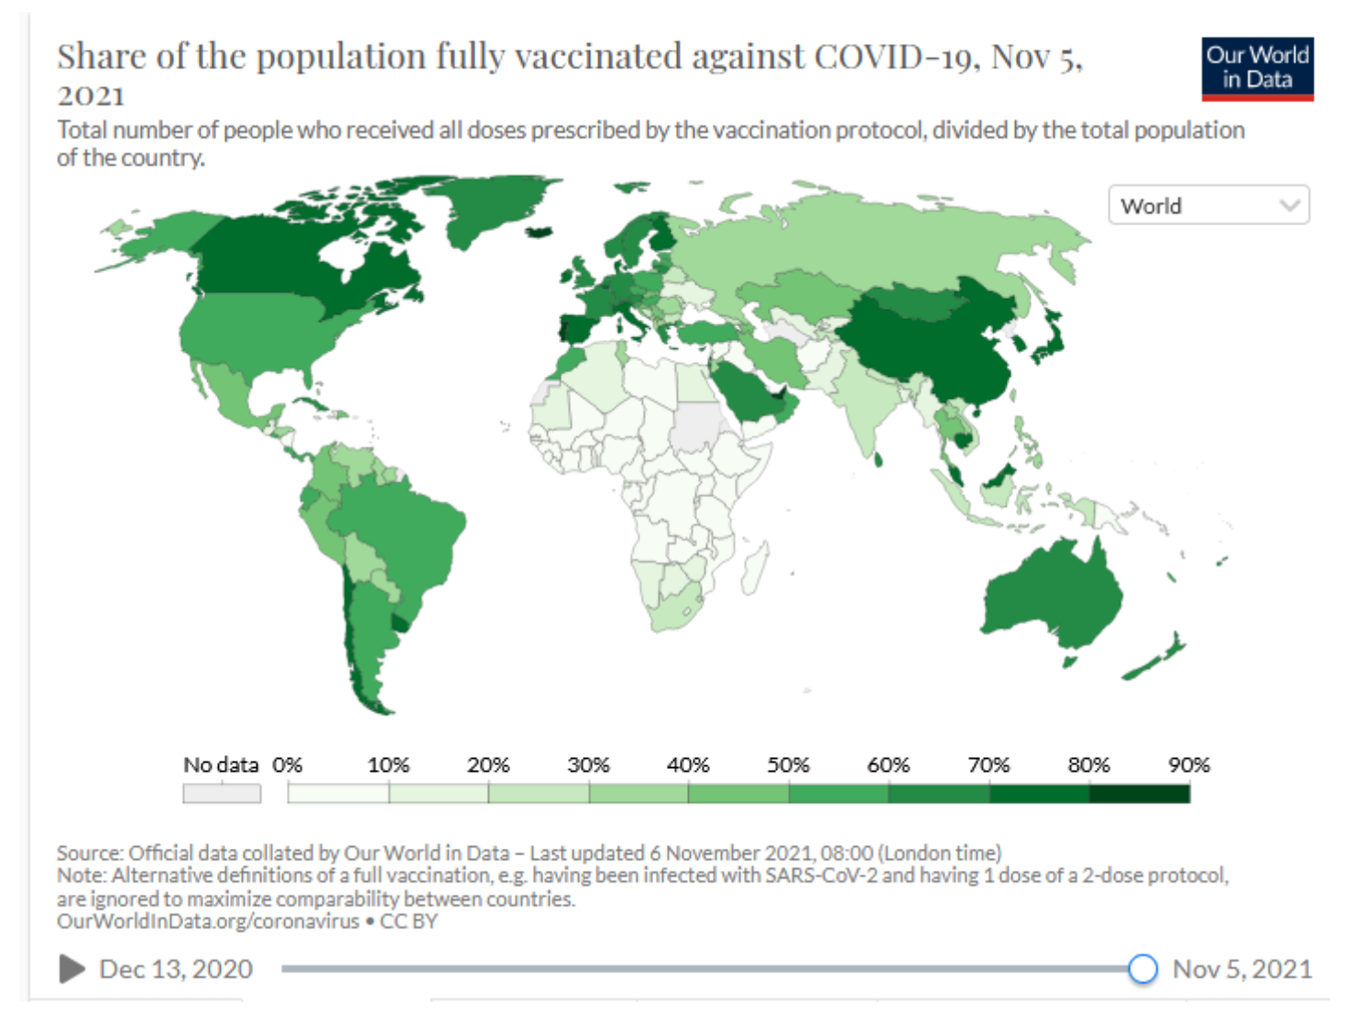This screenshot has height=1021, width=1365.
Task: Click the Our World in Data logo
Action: (1257, 69)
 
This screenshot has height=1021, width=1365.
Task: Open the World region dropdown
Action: (1208, 205)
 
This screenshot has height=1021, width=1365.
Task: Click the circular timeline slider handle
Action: (1142, 969)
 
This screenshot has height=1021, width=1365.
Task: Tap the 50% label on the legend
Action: (788, 765)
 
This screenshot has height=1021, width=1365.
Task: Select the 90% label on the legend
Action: (1188, 765)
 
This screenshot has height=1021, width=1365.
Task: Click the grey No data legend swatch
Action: (222, 793)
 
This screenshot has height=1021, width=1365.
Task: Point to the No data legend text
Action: (221, 765)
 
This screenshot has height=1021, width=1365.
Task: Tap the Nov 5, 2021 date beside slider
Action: (1242, 969)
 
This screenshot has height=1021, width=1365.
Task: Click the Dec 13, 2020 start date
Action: (175, 969)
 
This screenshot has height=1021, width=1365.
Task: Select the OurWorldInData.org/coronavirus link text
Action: (207, 921)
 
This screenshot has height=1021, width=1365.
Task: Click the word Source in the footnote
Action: (88, 852)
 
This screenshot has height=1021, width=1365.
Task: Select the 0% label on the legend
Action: (288, 765)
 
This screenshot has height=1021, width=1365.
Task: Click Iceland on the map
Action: (541, 231)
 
